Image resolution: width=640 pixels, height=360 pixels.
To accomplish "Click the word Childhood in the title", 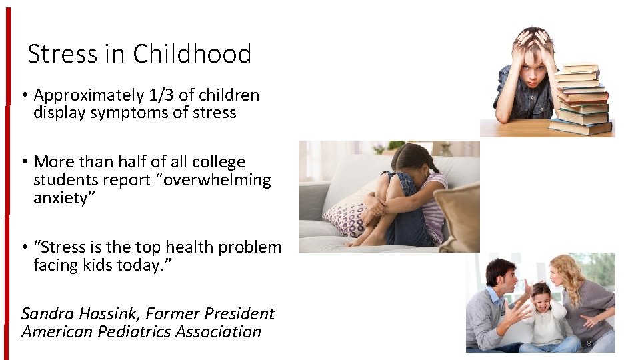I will tap(192, 53).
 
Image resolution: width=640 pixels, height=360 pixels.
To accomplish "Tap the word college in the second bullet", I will tap(219, 162).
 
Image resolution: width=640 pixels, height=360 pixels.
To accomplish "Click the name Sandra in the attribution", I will tap(47, 313).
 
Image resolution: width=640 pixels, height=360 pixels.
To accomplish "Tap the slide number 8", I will tap(589, 343).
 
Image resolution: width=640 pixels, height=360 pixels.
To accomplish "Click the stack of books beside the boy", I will tap(581, 99).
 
